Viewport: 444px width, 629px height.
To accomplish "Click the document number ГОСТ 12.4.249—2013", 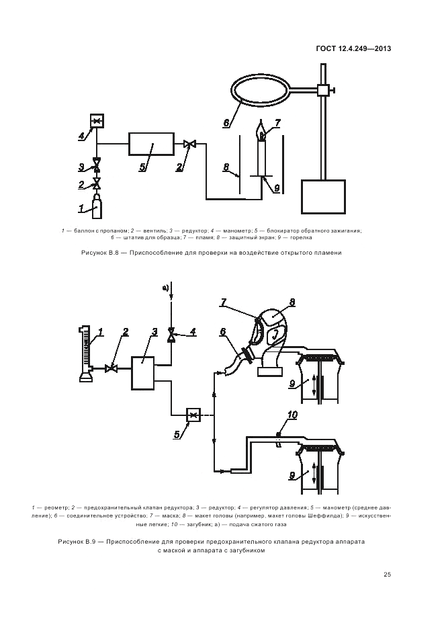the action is point(353,48).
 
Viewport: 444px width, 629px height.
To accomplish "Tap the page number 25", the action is point(387,575).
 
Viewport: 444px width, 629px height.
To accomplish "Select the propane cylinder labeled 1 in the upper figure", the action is point(97,206).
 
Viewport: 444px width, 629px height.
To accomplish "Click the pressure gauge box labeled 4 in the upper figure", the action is point(97,120).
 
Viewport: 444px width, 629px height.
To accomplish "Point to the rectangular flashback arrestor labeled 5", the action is point(151,144).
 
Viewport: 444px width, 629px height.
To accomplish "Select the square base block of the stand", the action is point(323,196).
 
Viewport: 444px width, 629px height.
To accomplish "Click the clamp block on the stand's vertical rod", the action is point(323,90).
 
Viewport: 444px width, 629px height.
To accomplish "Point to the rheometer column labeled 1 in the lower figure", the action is point(86,353).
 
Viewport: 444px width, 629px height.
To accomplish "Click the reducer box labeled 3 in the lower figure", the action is point(143,373).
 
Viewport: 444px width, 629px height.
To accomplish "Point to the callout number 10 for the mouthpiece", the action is point(292,415).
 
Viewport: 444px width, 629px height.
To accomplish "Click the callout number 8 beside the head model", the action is point(292,302).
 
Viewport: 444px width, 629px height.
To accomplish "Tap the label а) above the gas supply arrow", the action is point(166,287).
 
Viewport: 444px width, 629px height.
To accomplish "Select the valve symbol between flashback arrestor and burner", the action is point(189,144).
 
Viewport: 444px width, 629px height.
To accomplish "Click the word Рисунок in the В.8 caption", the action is point(93,253).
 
